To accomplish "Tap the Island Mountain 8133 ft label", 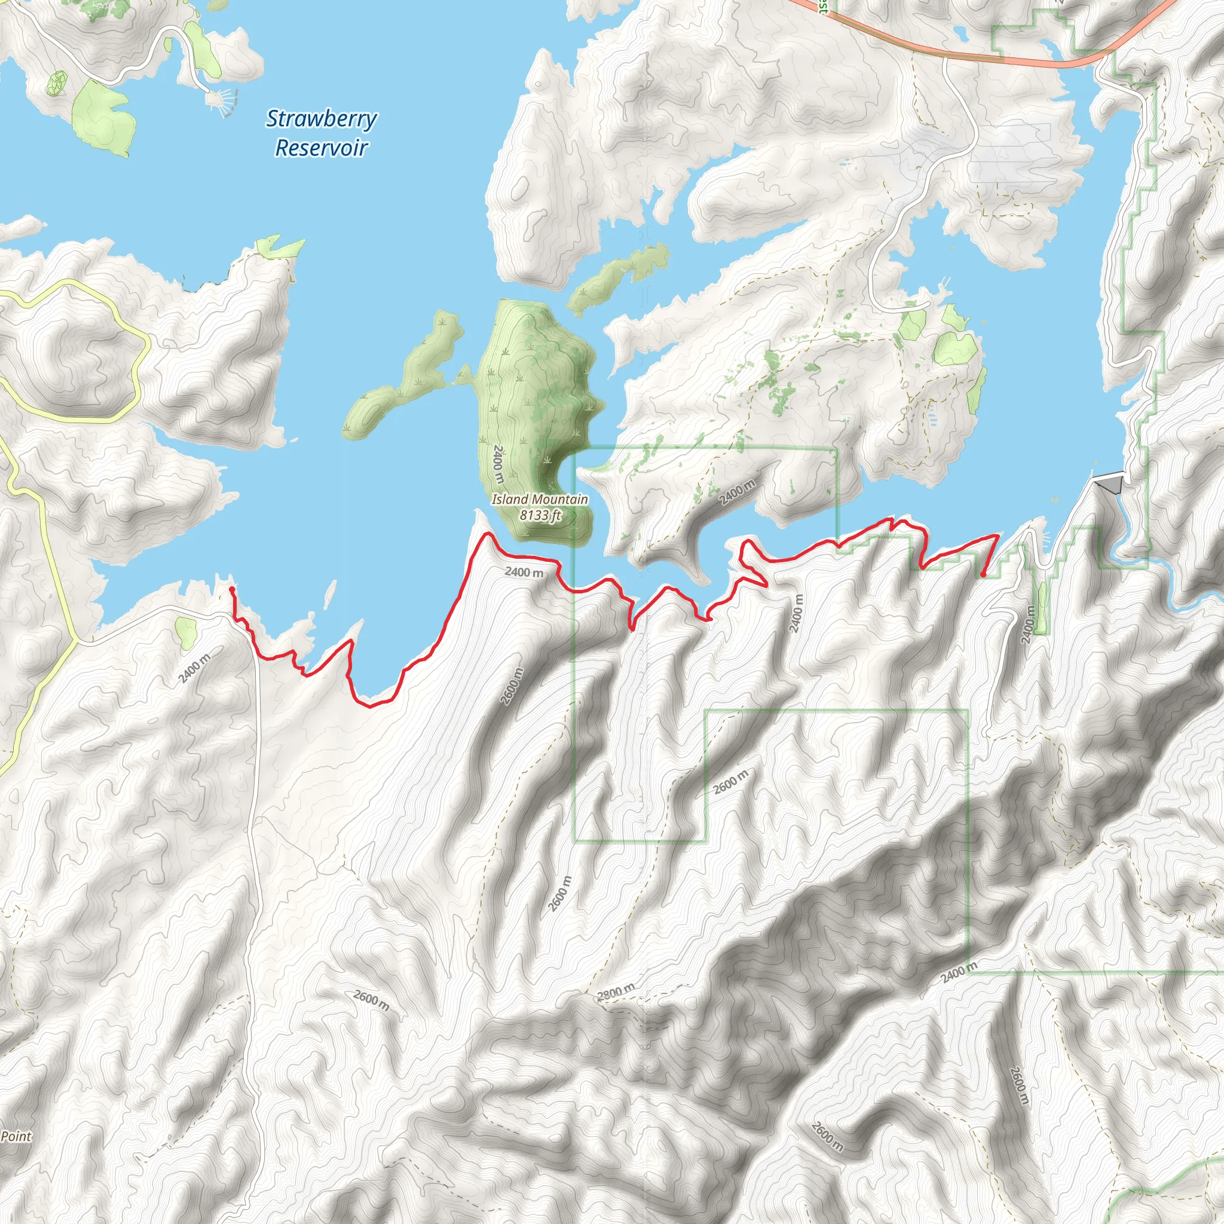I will [x=540, y=507].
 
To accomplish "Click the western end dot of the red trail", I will [x=232, y=589].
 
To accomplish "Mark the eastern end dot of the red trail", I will [x=983, y=574].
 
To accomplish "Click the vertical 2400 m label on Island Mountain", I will [x=498, y=464].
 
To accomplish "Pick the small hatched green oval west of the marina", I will [x=57, y=82].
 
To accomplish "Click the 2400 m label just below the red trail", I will [x=524, y=572].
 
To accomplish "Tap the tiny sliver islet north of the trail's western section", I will [x=330, y=593].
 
